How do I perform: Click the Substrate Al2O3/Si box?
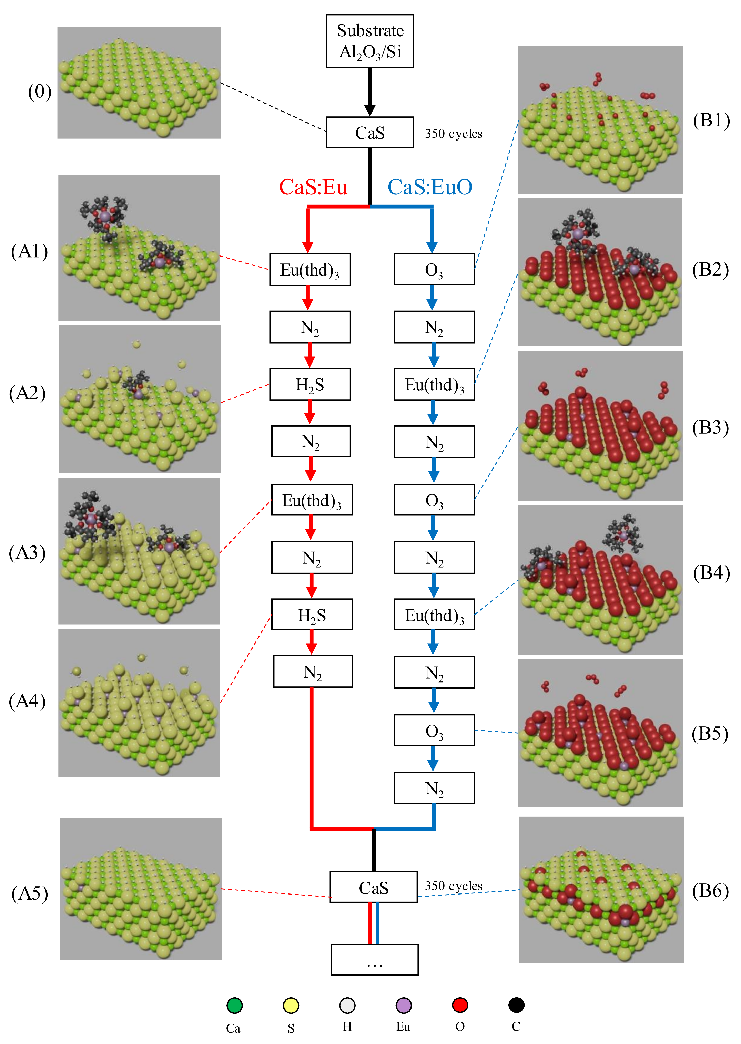click(x=370, y=41)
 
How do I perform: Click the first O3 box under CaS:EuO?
click(x=434, y=269)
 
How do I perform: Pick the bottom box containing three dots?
click(x=374, y=959)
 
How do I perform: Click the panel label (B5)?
click(x=710, y=733)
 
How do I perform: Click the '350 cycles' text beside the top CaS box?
click(x=454, y=134)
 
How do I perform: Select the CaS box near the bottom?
click(x=373, y=887)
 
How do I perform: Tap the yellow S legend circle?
click(x=291, y=1005)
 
